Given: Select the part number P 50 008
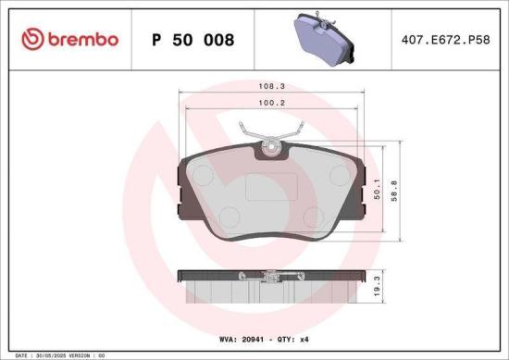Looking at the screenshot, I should point(192,40).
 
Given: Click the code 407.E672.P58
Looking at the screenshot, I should point(441,40).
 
